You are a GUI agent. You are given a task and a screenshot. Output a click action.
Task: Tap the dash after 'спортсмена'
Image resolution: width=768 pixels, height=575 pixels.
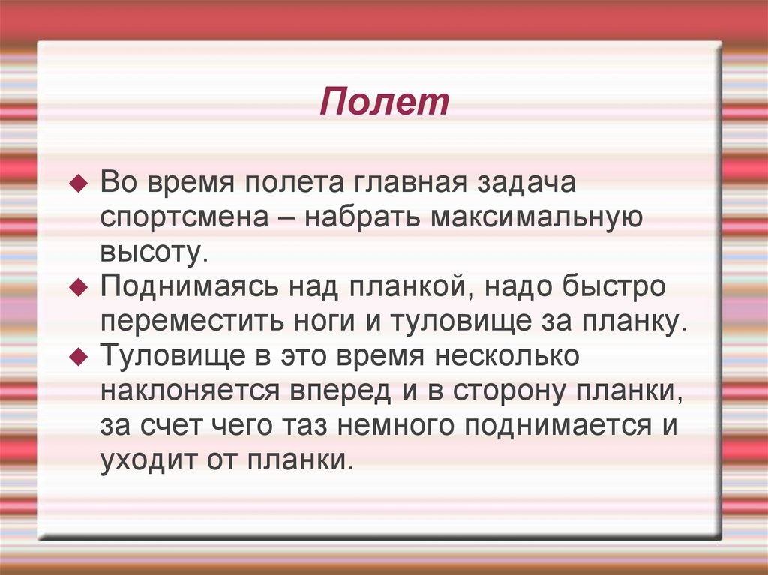click(x=286, y=219)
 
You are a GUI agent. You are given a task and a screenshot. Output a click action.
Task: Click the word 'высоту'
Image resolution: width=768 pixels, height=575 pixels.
click(x=152, y=253)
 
